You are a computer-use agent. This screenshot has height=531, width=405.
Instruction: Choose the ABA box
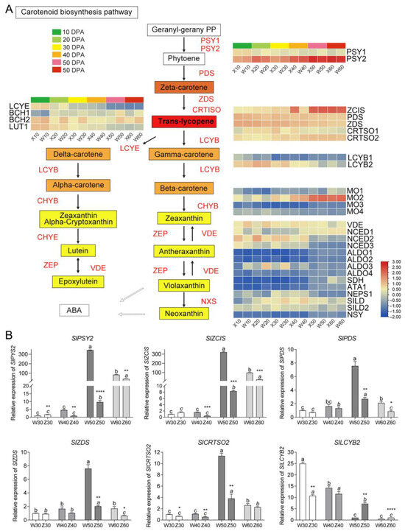pos(76,311)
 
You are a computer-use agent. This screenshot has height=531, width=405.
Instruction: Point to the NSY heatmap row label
pos(355,314)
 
